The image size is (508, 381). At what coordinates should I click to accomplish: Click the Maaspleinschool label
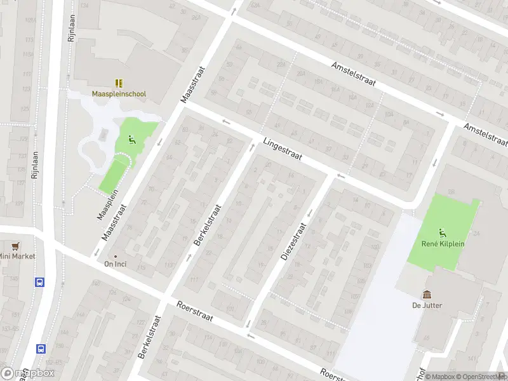pos(119,94)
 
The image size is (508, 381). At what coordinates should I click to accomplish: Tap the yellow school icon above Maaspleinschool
pos(119,83)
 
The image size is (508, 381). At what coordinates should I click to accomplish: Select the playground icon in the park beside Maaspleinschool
pos(131,140)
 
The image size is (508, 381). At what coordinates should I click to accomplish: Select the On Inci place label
pos(115,264)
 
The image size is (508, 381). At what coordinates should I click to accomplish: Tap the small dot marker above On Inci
pos(115,255)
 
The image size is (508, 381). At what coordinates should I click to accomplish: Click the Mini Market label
pos(18,256)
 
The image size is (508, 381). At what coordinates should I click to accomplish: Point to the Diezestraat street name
pos(293,241)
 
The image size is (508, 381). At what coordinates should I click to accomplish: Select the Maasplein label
pos(110,208)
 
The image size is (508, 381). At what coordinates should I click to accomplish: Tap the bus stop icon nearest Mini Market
pos(41,283)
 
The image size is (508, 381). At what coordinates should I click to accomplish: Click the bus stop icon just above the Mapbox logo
pos(41,348)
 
